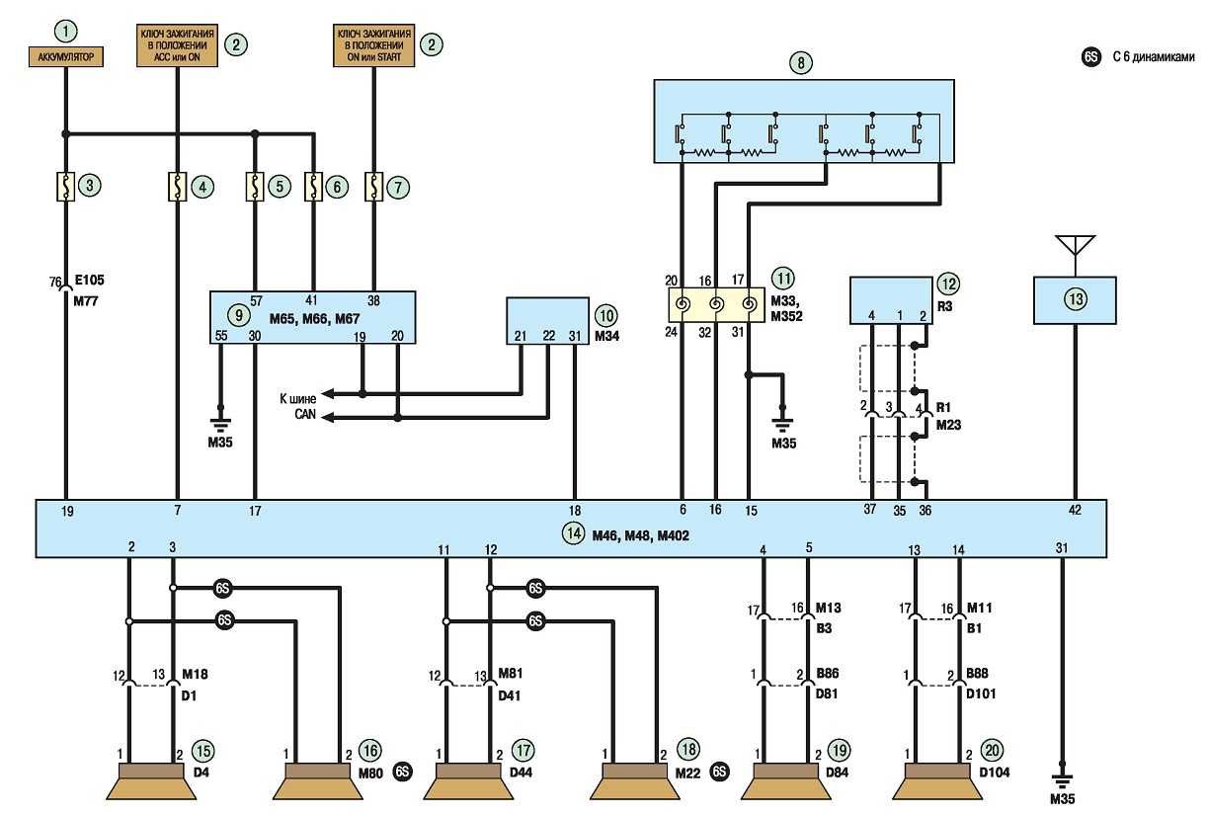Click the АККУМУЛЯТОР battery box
click(67, 58)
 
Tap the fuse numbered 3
click(67, 185)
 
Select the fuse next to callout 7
click(374, 185)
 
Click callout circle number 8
click(804, 62)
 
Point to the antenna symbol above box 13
click(1075, 246)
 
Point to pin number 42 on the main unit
click(1075, 512)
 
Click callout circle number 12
click(948, 284)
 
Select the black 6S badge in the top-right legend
click(1090, 57)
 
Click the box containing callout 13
click(1075, 300)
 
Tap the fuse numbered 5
click(256, 185)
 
